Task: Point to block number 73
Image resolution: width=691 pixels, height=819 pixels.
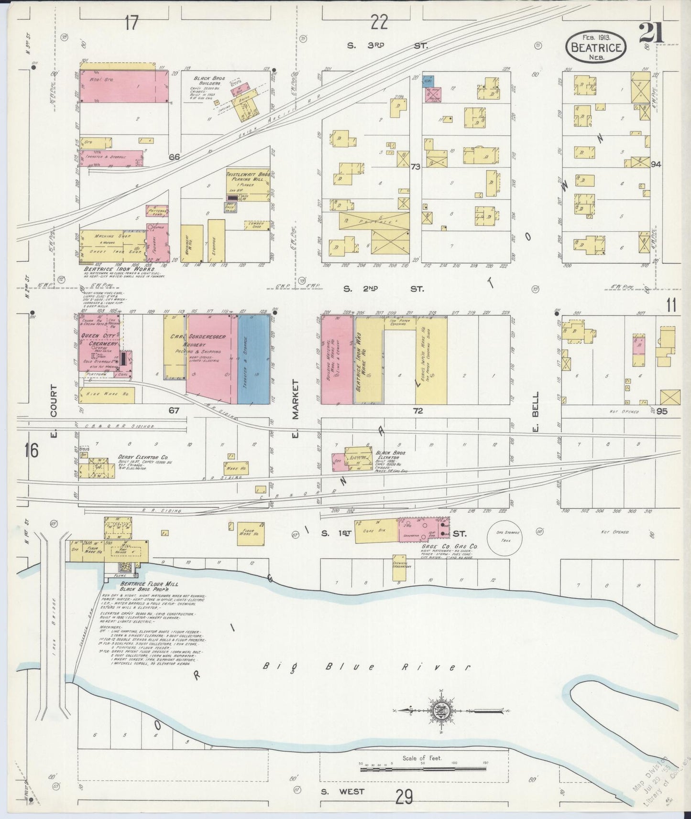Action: click(415, 166)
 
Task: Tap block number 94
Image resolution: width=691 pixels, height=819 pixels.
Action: click(656, 164)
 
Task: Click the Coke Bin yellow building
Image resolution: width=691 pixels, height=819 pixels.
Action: click(375, 530)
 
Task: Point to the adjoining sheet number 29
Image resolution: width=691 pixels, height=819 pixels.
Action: click(404, 797)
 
